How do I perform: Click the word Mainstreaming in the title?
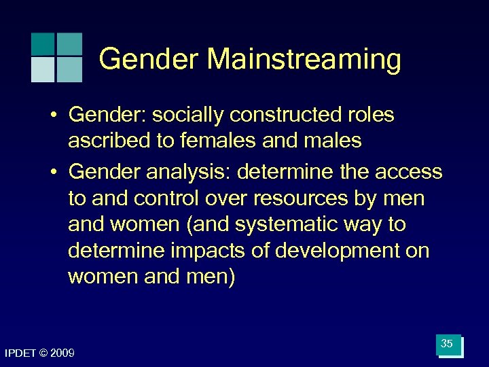tap(304, 60)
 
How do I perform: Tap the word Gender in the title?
tap(149, 60)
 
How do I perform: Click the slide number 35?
tap(447, 345)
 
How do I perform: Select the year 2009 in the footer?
tap(62, 353)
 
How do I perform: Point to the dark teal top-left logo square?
tap(43, 44)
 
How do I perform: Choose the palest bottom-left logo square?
tap(43, 69)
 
